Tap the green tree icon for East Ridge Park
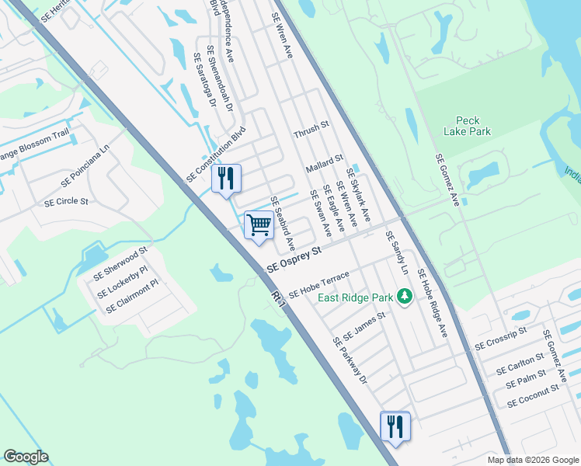pyautogui.click(x=404, y=296)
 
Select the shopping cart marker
pyautogui.click(x=259, y=225)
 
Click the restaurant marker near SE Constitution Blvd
pyautogui.click(x=226, y=179)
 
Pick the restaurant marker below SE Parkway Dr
pyautogui.click(x=395, y=426)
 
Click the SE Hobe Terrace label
pyautogui.click(x=319, y=285)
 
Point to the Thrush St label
pyautogui.click(x=311, y=130)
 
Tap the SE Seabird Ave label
pyautogui.click(x=283, y=222)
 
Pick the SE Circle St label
pyautogui.click(x=66, y=201)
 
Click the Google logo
pyautogui.click(x=26, y=457)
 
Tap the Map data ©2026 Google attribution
pyautogui.click(x=534, y=460)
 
